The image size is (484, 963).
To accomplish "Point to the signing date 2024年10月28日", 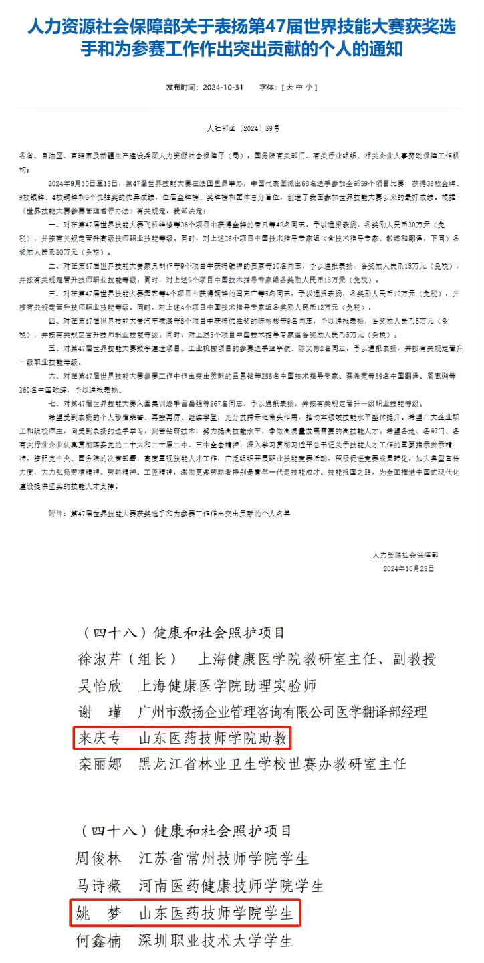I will (x=408, y=568).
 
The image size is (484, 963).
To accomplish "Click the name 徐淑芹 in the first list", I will (x=99, y=659).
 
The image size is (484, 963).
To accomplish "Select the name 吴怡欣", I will (x=99, y=685).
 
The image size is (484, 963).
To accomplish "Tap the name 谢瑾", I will (x=99, y=712).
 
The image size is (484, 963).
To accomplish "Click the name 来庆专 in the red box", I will (x=99, y=738).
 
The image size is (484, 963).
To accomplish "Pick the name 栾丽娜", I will (x=99, y=764).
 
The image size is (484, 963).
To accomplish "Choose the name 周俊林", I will (x=99, y=858).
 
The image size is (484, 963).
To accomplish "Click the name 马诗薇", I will (x=99, y=886).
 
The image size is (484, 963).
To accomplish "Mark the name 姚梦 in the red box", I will (x=99, y=914).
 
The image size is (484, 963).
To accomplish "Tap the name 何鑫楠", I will (x=99, y=940).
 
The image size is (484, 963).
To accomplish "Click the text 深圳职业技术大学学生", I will (x=216, y=940).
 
